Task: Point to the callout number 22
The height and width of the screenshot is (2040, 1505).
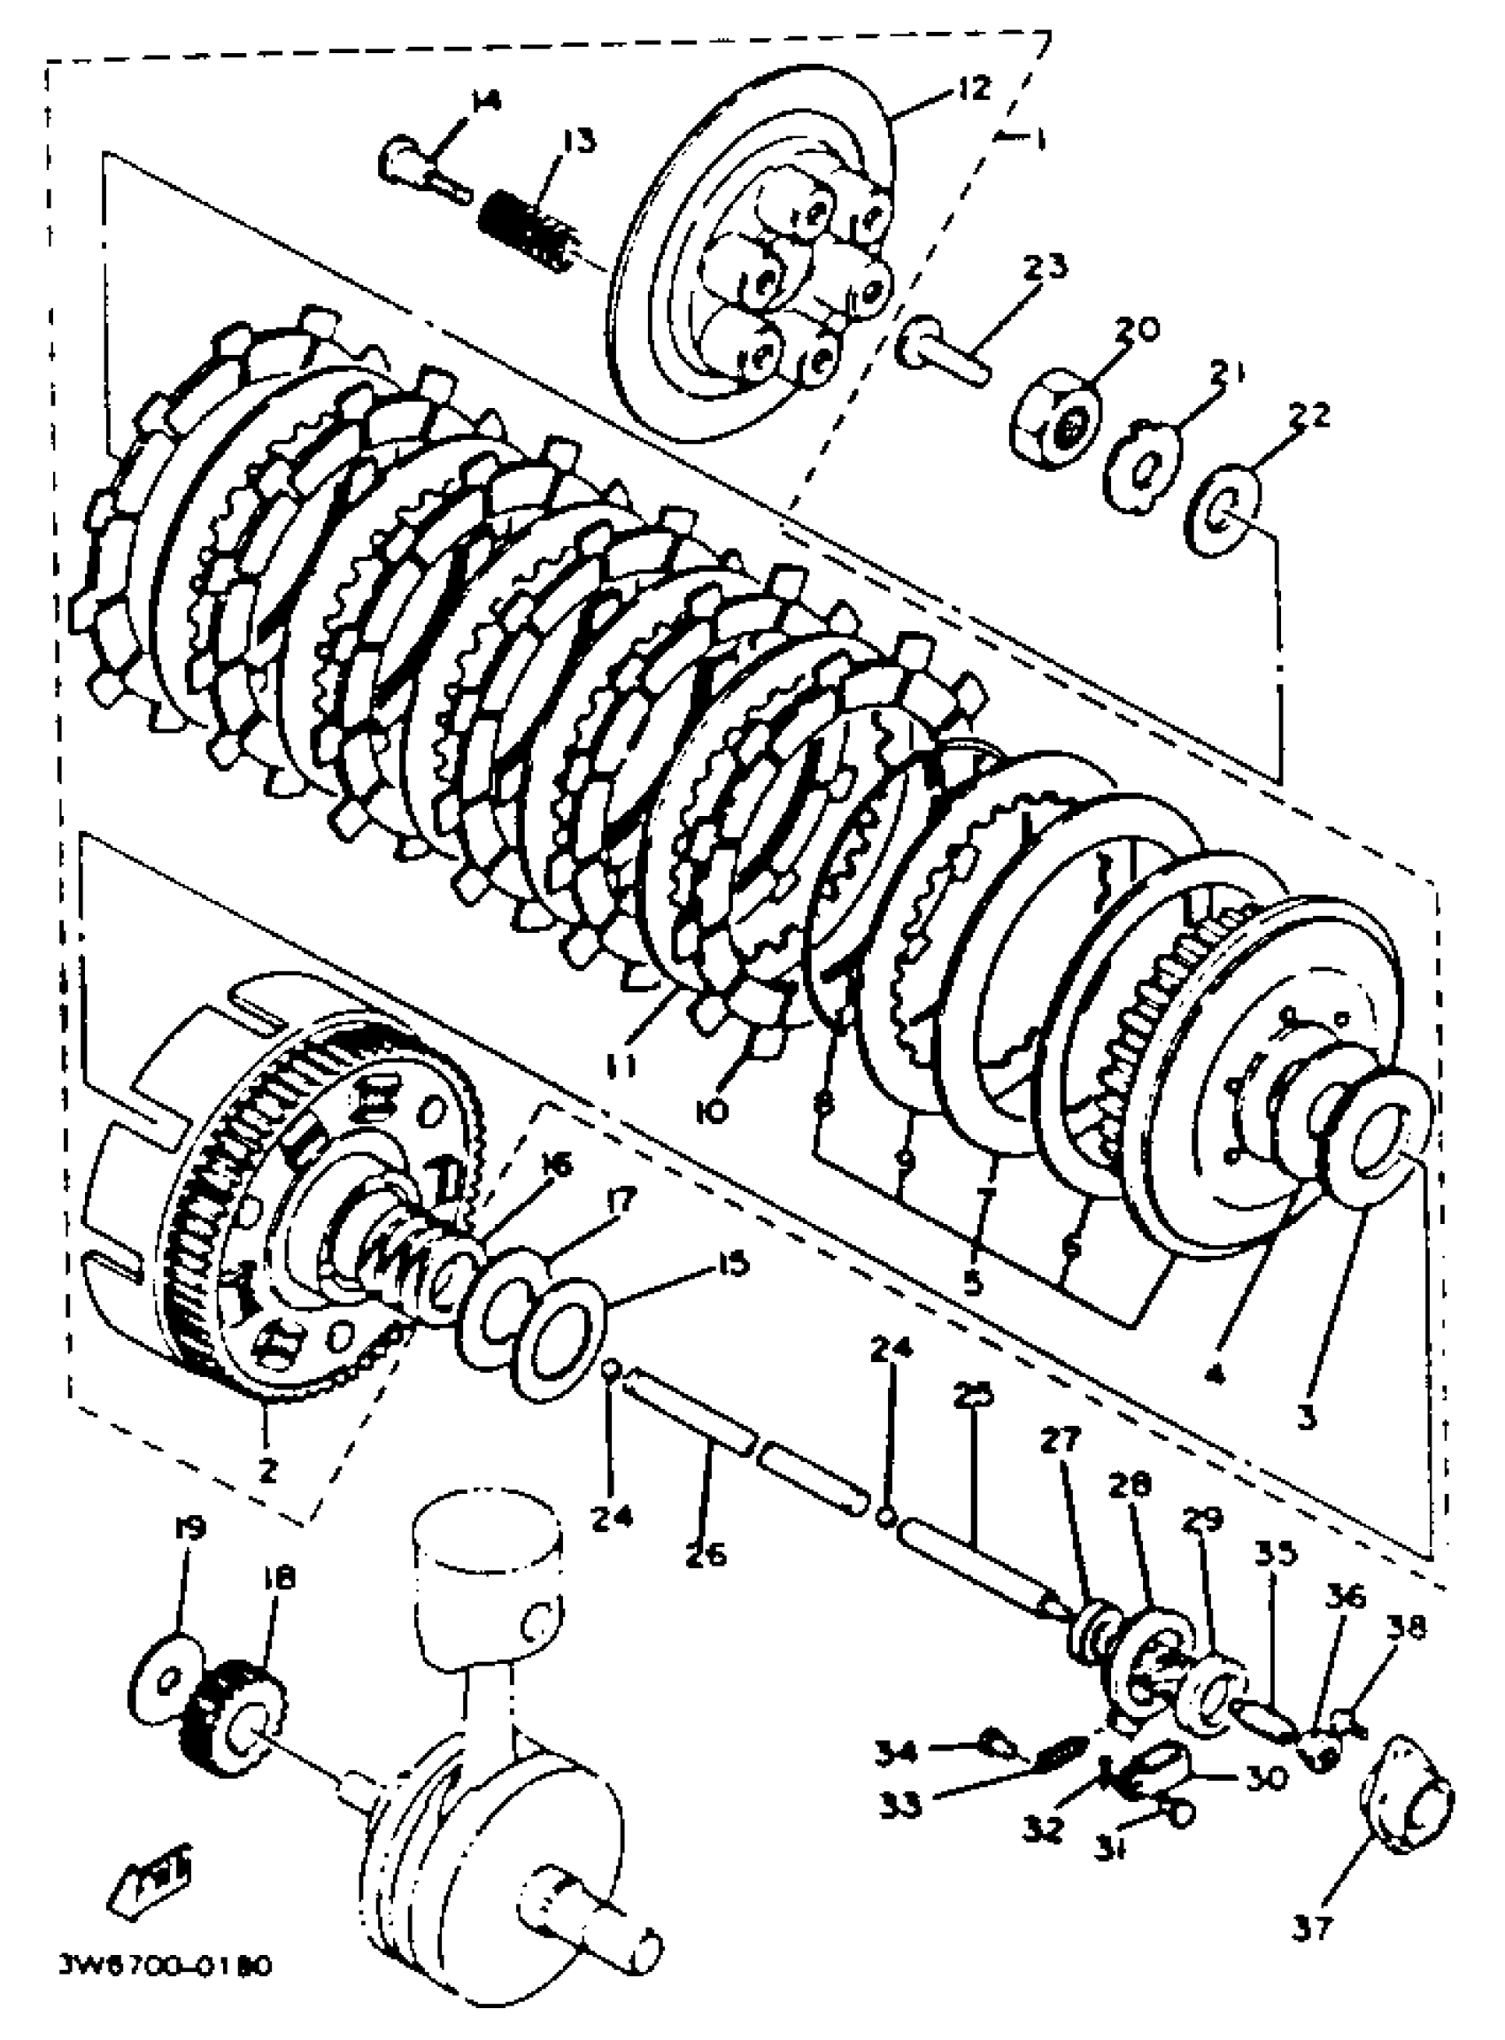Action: [x=1310, y=415]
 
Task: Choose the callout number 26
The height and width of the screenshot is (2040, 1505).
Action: [x=706, y=1554]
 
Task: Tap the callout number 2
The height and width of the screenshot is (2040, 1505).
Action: [x=267, y=1470]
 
